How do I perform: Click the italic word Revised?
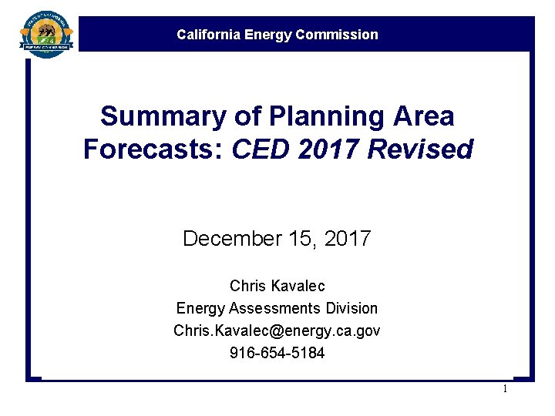tap(420, 149)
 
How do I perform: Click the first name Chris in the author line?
tap(247, 286)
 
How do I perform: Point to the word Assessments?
tap(269, 308)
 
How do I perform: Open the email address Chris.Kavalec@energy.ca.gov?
tap(277, 330)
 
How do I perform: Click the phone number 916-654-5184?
tap(277, 353)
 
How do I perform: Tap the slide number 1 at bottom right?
tap(505, 389)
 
